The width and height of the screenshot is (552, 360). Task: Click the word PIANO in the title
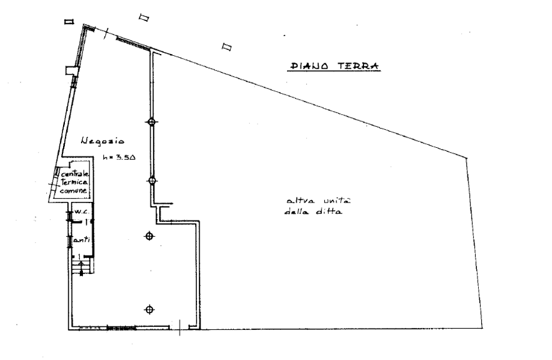[x=308, y=66]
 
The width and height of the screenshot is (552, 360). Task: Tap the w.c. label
[x=80, y=212]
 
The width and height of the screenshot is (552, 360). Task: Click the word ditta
[x=330, y=212]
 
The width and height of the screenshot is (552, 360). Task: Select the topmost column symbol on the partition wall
[x=151, y=123]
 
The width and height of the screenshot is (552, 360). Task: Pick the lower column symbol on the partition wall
[x=152, y=180]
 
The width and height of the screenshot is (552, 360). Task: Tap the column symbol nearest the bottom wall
[x=148, y=310]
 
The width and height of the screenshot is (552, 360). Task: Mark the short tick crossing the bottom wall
[x=181, y=327]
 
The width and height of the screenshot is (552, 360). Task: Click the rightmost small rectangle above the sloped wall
[x=226, y=46]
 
